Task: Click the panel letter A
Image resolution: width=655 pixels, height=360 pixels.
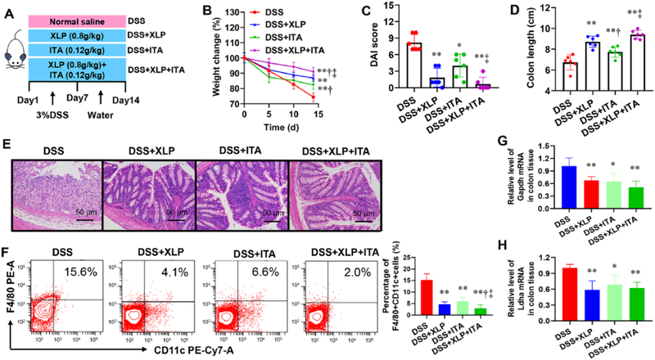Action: [8, 9]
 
